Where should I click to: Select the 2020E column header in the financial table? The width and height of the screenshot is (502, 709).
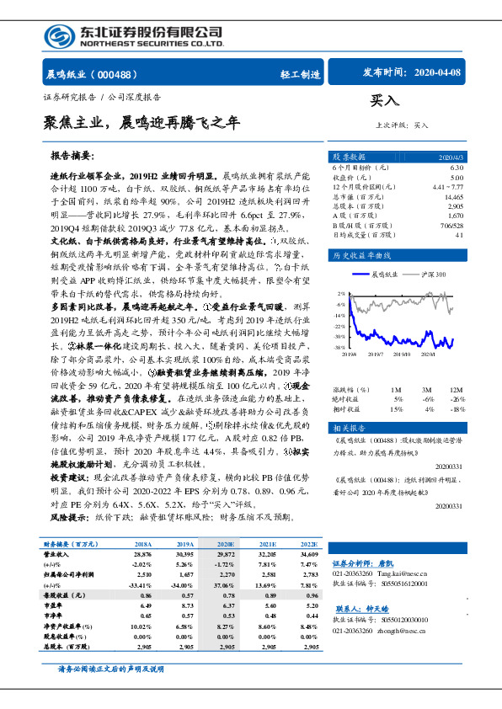tap(226, 546)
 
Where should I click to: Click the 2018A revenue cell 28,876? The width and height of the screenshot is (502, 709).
tap(142, 555)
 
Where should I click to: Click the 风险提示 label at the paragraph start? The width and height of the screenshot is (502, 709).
tap(69, 516)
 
